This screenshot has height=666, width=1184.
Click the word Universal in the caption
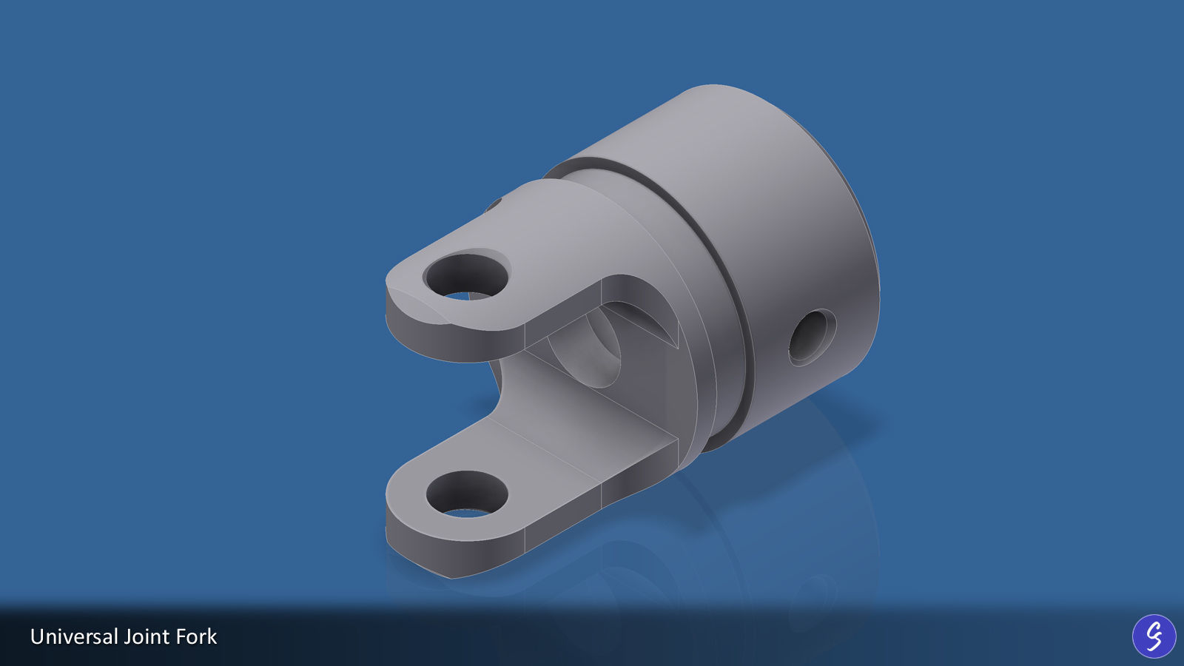(74, 636)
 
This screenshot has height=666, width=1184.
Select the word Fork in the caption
(196, 636)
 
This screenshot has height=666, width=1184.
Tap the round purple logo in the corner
(1154, 636)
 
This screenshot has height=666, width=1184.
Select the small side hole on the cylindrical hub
(812, 337)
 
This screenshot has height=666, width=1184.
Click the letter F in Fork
(182, 636)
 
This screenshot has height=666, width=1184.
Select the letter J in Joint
(128, 636)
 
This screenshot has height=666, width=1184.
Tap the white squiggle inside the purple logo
(1154, 636)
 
